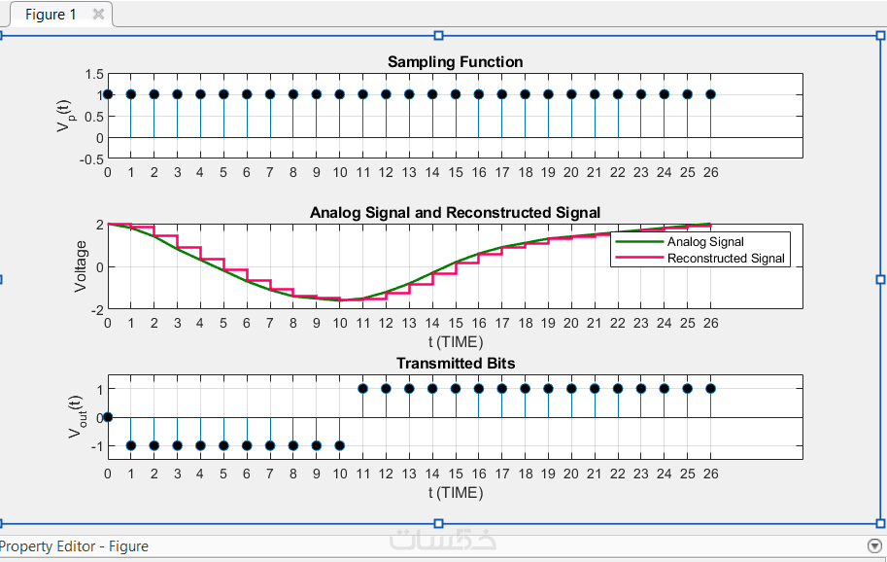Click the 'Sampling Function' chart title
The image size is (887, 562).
pos(455,62)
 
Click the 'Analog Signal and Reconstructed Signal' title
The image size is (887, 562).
pos(455,213)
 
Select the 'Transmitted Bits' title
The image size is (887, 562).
pos(455,364)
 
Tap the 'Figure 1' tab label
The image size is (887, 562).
pos(51,15)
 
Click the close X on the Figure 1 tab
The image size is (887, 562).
pos(98,15)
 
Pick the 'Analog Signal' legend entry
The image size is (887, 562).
pos(705,242)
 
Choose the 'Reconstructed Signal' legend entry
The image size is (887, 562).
pos(726,259)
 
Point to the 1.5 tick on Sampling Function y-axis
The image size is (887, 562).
pos(93,74)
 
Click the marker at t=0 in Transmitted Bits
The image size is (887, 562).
pos(108,417)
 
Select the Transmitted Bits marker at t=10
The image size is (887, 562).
pos(340,445)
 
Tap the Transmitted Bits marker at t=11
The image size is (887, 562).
pos(362,388)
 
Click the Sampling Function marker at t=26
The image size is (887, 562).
pos(710,94)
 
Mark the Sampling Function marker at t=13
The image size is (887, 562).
pos(409,94)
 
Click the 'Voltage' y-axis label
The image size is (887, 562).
pos(81,266)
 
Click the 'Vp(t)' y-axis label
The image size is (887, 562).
pos(64,115)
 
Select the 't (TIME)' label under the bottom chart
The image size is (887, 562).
pos(455,493)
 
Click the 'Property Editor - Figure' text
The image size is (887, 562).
pos(75,546)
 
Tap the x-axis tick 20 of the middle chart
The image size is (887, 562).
pos(571,323)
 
